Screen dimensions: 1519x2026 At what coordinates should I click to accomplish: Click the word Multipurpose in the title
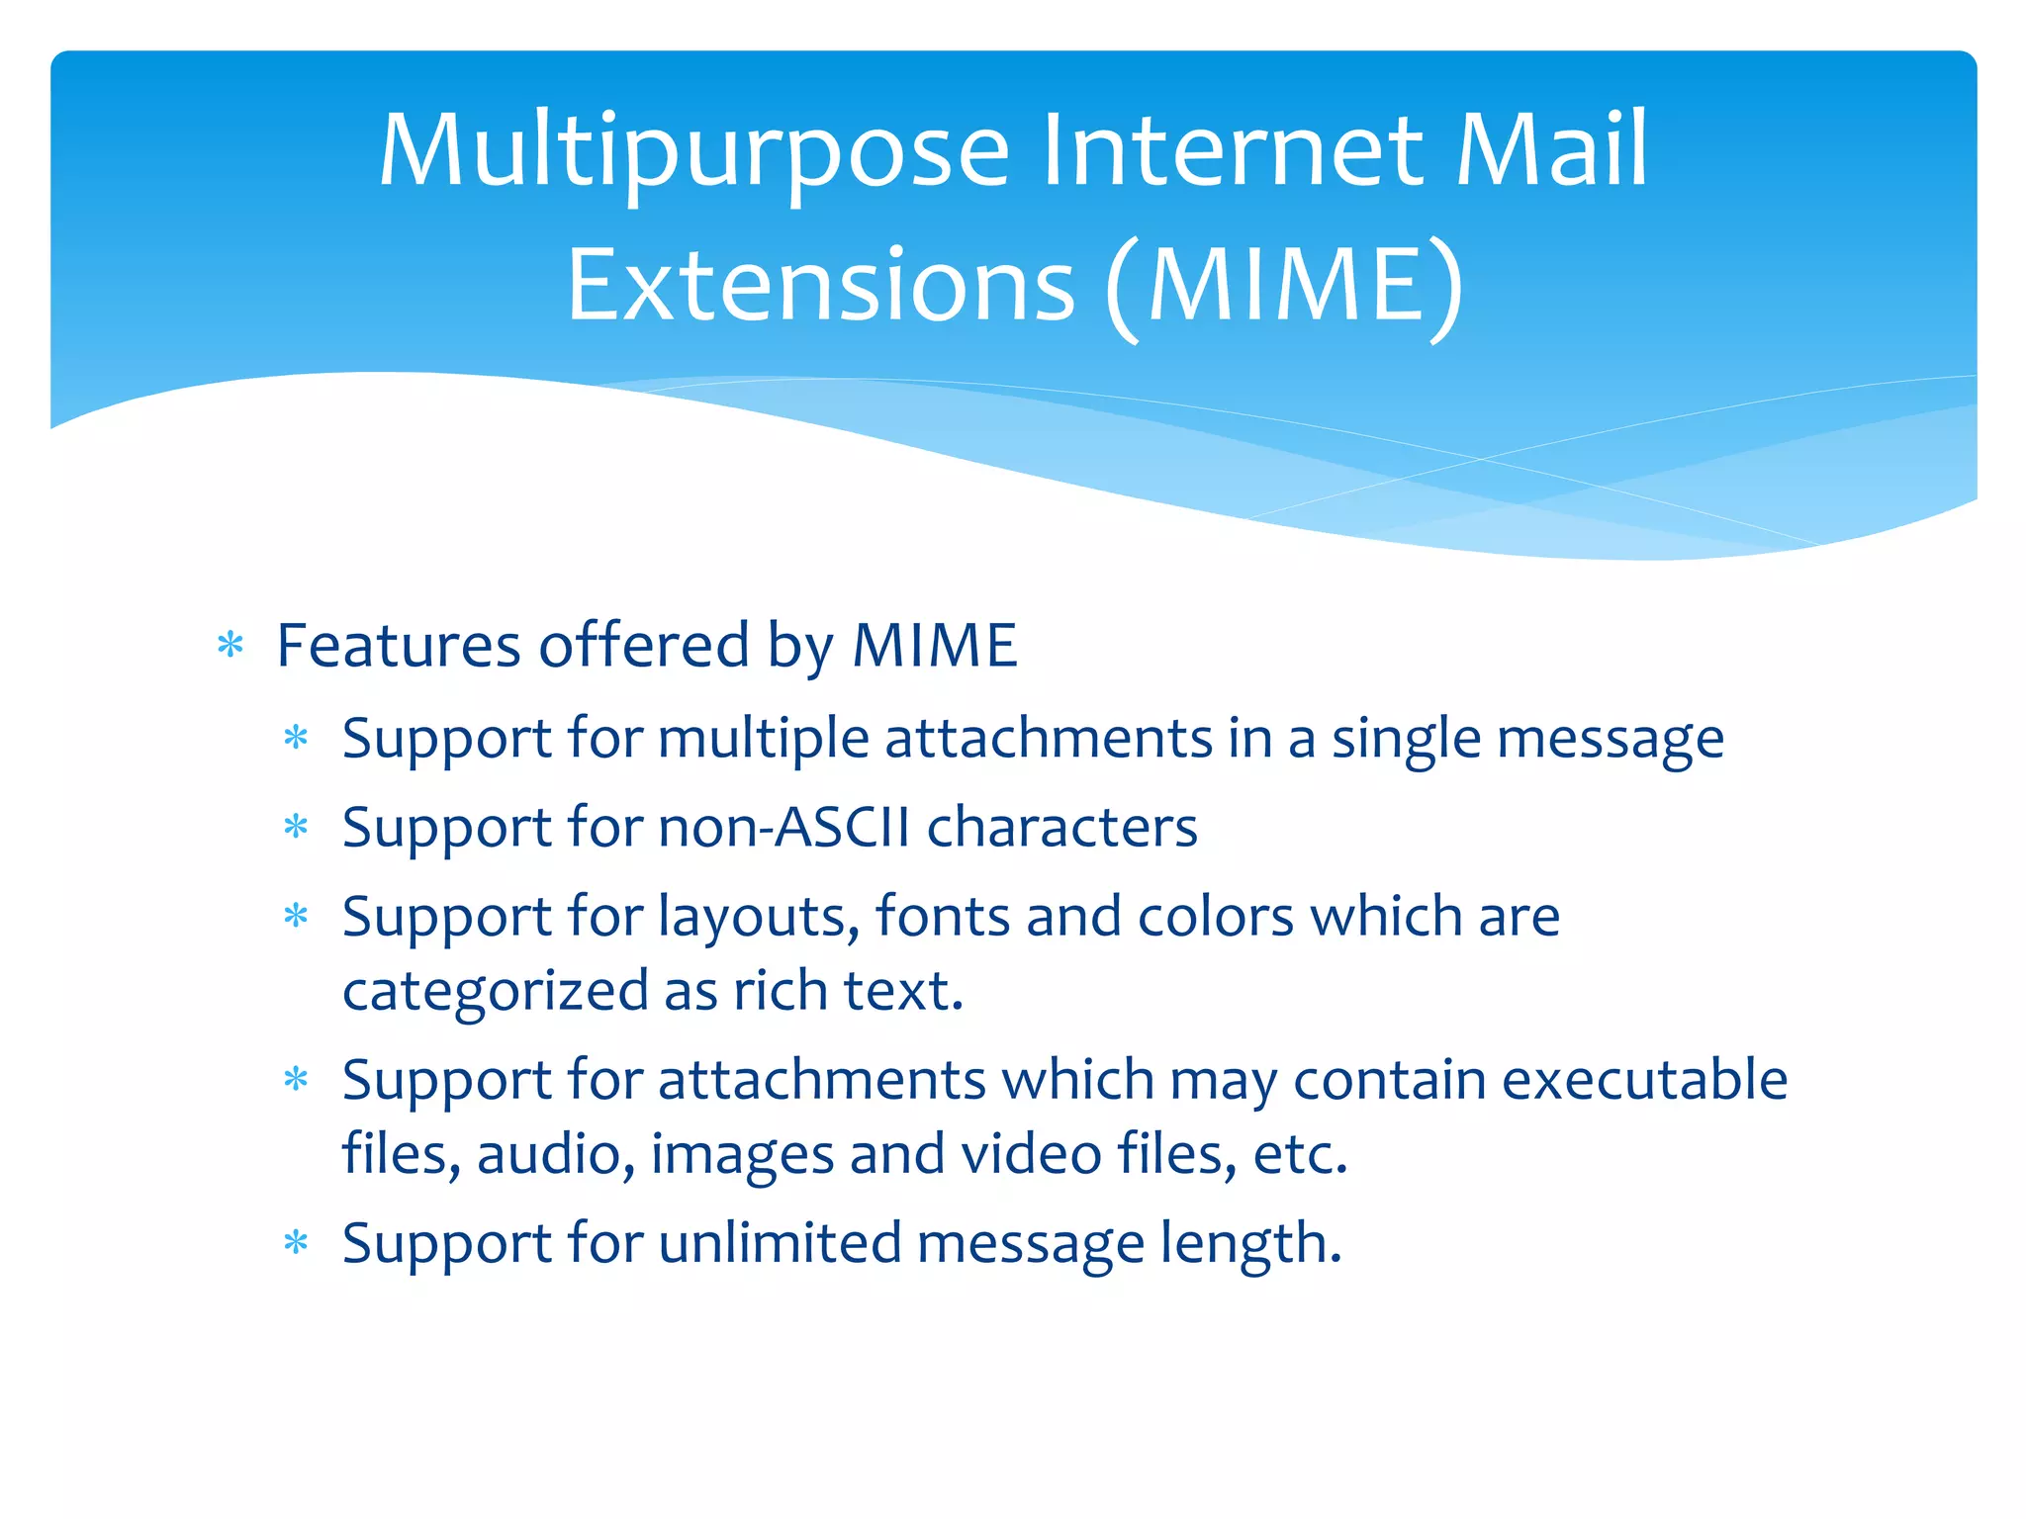[x=693, y=151]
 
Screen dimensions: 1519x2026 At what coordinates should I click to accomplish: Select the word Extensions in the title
[x=820, y=286]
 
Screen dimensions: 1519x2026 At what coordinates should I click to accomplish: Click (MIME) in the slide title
[x=1284, y=286]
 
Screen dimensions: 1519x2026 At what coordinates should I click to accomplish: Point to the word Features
[x=398, y=646]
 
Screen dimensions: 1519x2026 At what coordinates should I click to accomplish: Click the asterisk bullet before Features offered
[x=230, y=647]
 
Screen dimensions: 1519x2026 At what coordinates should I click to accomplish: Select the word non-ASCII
[x=783, y=827]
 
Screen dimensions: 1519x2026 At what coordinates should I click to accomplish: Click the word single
[x=1406, y=739]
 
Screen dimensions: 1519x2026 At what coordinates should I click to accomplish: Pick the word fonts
[x=942, y=916]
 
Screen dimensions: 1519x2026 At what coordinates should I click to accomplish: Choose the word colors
[x=1215, y=916]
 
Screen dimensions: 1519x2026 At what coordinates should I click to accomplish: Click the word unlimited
[x=780, y=1243]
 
